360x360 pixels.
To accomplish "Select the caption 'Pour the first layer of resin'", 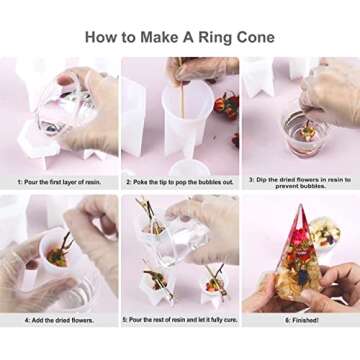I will coord(60,182).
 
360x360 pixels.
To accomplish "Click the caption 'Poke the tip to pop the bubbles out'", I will coord(179,182).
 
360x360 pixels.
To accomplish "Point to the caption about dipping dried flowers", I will coord(299,183).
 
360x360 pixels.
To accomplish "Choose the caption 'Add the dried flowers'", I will coord(60,319).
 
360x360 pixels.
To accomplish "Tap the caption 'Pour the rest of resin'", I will coord(179,319).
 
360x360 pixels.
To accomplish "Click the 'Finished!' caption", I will coord(299,319).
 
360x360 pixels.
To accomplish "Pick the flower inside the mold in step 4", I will coord(60,252).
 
